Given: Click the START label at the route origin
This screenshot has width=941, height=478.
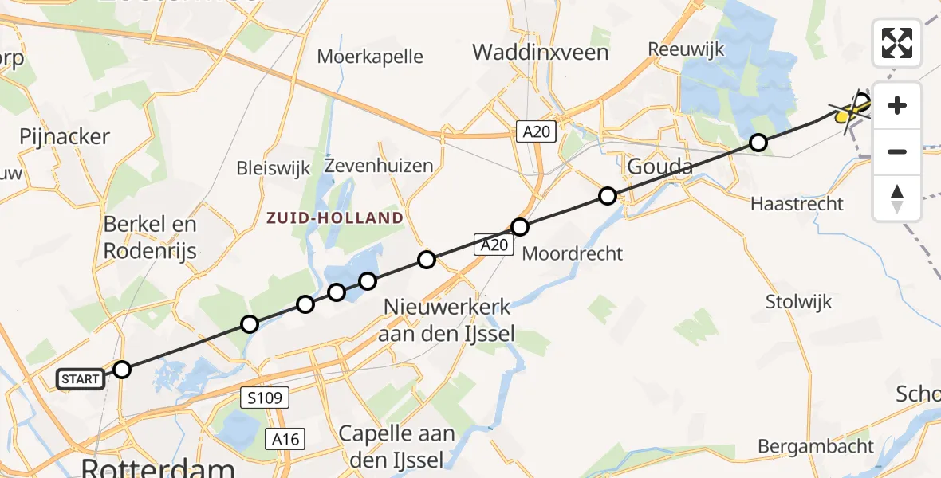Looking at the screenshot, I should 81,379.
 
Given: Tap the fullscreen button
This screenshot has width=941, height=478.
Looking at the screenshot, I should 897,43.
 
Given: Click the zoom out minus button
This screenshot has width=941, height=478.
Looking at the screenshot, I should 897,151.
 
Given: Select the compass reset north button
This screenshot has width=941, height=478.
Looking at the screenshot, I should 897,198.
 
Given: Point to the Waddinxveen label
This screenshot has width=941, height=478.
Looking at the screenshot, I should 540,53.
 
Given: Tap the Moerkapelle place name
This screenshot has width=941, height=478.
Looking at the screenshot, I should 370,57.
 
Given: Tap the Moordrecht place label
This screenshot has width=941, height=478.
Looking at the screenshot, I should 572,254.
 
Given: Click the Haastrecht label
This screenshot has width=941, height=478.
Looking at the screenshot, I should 797,204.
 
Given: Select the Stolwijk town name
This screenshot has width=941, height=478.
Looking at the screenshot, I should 798,302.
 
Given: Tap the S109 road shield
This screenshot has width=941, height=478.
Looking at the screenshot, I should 263,397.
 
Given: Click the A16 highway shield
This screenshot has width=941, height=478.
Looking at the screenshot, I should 285,437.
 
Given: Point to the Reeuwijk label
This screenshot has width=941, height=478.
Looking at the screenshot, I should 687,49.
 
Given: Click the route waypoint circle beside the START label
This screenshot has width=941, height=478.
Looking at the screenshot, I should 121,370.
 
